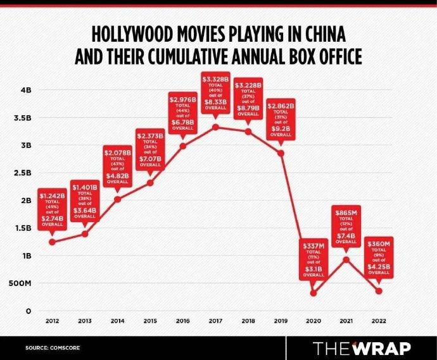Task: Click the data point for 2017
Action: click(216, 127)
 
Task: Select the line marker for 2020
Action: click(313, 292)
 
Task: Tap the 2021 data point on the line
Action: click(346, 259)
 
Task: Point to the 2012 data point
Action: click(52, 242)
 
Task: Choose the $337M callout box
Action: click(313, 258)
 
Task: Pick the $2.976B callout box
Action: click(183, 114)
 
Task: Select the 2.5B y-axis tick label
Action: click(23, 173)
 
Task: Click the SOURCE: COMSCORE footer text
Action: click(53, 348)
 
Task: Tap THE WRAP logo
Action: click(363, 347)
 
